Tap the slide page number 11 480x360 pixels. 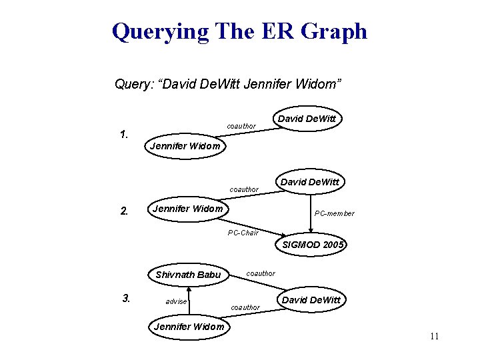(x=434, y=336)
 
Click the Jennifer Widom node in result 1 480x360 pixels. (x=185, y=146)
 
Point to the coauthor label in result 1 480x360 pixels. (x=241, y=126)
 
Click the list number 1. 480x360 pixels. (x=123, y=135)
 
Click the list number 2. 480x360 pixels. (x=123, y=211)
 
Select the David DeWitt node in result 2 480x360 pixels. (x=309, y=181)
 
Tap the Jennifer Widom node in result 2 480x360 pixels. (x=188, y=209)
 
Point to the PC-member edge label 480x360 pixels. (x=335, y=213)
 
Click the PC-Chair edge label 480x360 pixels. (x=243, y=233)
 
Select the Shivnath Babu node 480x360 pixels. (x=188, y=275)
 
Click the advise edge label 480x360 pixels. (x=176, y=301)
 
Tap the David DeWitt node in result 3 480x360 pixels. (x=311, y=300)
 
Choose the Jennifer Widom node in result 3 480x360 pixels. (x=189, y=326)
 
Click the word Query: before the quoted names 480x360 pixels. (x=135, y=84)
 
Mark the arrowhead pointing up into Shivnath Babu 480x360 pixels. (x=189, y=290)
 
